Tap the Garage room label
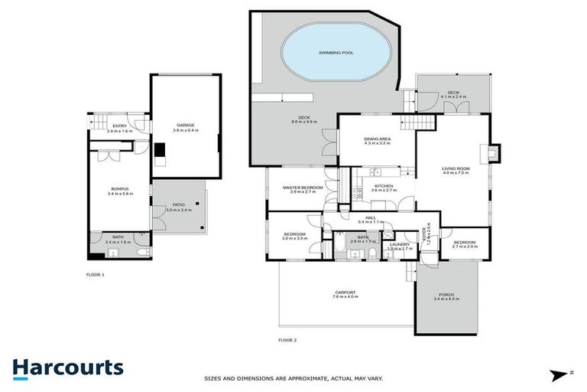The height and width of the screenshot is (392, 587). click(186, 125)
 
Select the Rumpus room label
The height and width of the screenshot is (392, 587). click(119, 189)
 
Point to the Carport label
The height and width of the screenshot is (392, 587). click(345, 292)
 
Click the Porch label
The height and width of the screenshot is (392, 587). click(446, 295)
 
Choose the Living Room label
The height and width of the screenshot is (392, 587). click(456, 168)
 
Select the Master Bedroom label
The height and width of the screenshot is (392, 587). click(303, 188)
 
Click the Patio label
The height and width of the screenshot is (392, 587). click(178, 204)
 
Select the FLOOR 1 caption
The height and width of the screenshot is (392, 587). click(96, 273)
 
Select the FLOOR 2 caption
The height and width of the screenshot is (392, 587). click(287, 339)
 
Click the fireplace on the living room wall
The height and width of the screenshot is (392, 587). click(494, 152)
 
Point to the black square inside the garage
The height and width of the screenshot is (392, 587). click(160, 150)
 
